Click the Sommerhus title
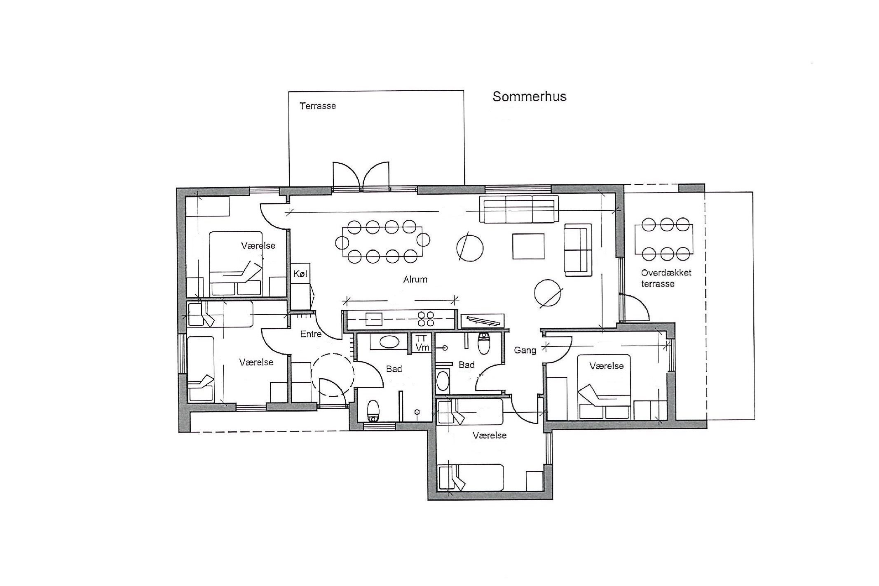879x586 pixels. [529, 96]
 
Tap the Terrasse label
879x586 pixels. [318, 106]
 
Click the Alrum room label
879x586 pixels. [415, 279]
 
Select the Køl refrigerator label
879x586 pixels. [300, 273]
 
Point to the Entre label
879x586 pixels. [311, 334]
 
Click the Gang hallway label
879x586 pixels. [525, 351]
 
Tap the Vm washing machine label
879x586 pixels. [422, 348]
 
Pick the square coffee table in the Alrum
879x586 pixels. [529, 246]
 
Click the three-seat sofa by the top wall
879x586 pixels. [519, 209]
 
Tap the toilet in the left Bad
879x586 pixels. [373, 411]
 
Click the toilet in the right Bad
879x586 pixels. [483, 343]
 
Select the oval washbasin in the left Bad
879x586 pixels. [389, 342]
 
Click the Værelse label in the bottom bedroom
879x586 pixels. [490, 435]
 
